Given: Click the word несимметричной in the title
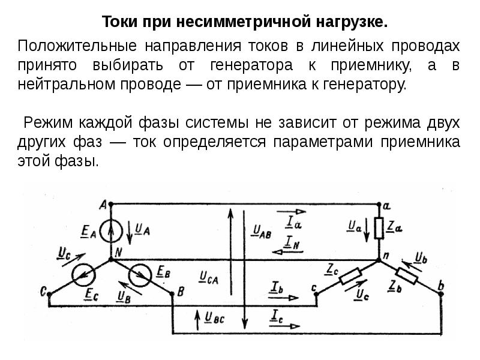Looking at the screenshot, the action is pyautogui.click(x=244, y=22).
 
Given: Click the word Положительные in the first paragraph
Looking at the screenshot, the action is pyautogui.click(x=77, y=46).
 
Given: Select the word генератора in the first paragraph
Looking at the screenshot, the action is pyautogui.click(x=251, y=65).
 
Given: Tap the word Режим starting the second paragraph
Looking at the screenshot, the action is pyautogui.click(x=48, y=122).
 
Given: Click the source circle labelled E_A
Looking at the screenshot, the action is pyautogui.click(x=112, y=231).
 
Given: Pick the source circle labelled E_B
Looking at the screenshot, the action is pyautogui.click(x=140, y=275).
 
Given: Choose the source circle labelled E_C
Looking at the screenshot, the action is pyautogui.click(x=83, y=275).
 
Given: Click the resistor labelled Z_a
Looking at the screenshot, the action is pyautogui.click(x=379, y=228).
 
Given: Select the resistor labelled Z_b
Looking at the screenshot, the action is pyautogui.click(x=407, y=276).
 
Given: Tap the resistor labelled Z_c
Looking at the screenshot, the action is pyautogui.click(x=350, y=276).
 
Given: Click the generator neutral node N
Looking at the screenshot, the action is pyautogui.click(x=111, y=260).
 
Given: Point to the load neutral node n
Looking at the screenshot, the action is pyautogui.click(x=379, y=260).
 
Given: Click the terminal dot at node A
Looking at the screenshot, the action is pyautogui.click(x=111, y=203).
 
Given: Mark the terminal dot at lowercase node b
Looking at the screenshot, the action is pyautogui.click(x=441, y=294).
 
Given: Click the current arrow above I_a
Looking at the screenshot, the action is pyautogui.click(x=291, y=211).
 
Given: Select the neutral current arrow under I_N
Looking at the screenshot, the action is pyautogui.click(x=287, y=252).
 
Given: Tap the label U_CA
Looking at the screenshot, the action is pyautogui.click(x=209, y=278).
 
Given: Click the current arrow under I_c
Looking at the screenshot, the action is pyautogui.click(x=284, y=326).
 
